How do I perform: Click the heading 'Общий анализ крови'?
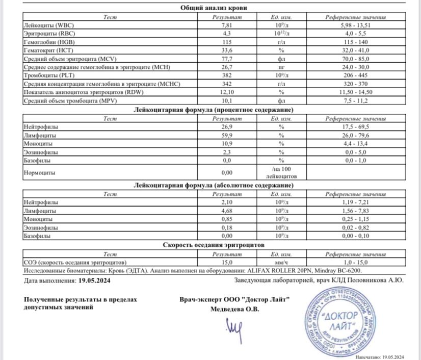point(212,8)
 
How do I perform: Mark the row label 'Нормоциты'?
point(40,173)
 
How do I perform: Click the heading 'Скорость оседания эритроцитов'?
point(212,245)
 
